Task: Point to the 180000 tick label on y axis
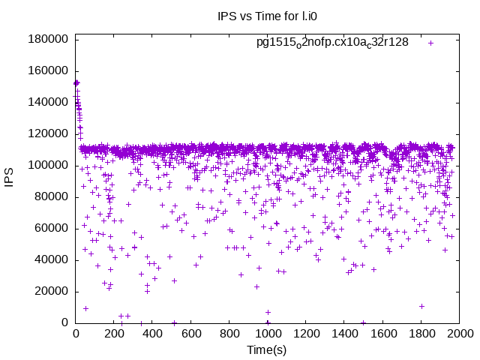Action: tap(51, 39)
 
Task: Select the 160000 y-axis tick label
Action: tap(51, 70)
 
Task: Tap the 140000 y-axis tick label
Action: tap(51, 102)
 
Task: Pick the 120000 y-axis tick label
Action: tap(51, 133)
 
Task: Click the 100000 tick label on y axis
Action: tap(51, 165)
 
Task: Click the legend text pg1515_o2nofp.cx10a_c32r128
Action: tap(332, 43)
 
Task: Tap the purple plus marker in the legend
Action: tap(431, 43)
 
